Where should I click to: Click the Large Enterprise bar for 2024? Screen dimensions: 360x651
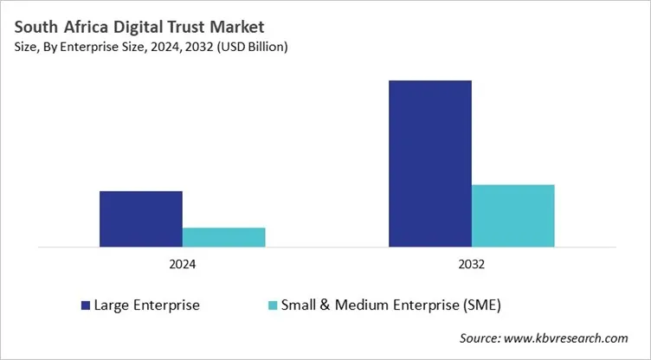pos(140,219)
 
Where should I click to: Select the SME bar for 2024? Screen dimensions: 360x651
pos(223,237)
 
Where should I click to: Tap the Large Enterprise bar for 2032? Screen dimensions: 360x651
pos(429,164)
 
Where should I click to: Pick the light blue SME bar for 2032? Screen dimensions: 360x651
pos(512,215)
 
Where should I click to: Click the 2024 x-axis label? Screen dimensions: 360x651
pos(182,264)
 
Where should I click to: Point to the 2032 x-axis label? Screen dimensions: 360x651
pos(471,264)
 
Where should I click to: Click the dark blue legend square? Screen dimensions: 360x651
pos(85,305)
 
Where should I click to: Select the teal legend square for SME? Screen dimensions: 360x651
pos(274,305)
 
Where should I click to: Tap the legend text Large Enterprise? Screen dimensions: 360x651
pos(146,305)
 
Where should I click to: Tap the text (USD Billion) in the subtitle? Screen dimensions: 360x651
pos(252,48)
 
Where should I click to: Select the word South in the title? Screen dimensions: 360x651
pos(34,27)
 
